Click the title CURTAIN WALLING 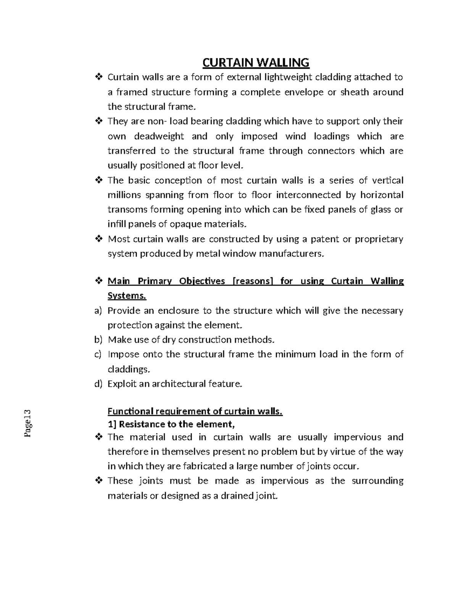pyautogui.click(x=255, y=62)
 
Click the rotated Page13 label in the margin pyautogui.click(x=27, y=423)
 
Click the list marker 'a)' pyautogui.click(x=98, y=311)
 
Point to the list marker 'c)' pyautogui.click(x=98, y=355)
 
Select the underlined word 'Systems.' pyautogui.click(x=127, y=296)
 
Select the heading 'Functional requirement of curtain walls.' pyautogui.click(x=195, y=411)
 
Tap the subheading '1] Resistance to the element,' pyautogui.click(x=171, y=424)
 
